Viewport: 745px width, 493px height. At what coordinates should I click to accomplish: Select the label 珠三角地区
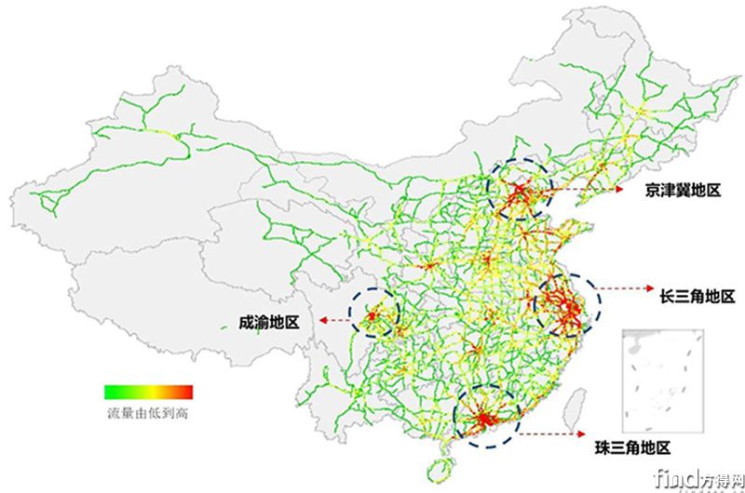click(632, 446)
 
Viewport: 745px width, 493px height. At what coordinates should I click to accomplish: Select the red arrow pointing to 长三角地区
click(623, 290)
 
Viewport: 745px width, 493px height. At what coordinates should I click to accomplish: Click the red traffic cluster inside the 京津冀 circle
click(518, 193)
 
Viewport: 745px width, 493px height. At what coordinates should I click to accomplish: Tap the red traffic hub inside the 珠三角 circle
click(481, 421)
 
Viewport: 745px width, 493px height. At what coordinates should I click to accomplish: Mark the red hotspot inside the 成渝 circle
click(372, 319)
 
